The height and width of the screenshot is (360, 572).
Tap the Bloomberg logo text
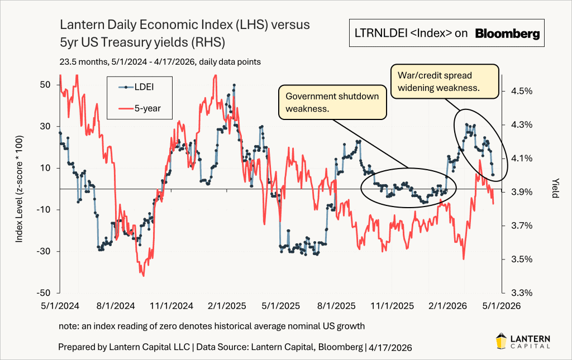(x=507, y=34)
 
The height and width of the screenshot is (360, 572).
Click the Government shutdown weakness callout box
(x=332, y=102)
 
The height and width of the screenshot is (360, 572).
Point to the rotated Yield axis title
(x=555, y=189)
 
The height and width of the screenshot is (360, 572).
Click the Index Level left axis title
(x=20, y=189)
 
